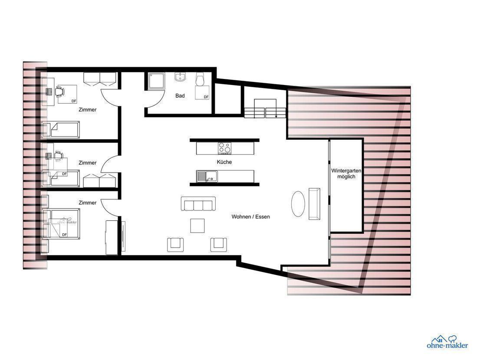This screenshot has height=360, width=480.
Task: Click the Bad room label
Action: tap(180, 96)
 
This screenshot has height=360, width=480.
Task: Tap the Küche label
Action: tap(224, 162)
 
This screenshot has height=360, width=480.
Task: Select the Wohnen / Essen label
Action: tap(251, 217)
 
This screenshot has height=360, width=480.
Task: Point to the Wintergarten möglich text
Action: tap(346, 173)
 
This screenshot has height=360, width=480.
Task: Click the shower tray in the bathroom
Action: tap(157, 81)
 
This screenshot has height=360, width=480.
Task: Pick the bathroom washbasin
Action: tap(180, 77)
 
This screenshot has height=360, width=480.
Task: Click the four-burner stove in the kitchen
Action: tap(225, 148)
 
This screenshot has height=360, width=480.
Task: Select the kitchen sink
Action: tap(207, 176)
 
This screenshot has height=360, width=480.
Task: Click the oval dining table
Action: tap(298, 204)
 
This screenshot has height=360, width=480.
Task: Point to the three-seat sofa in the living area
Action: tap(198, 204)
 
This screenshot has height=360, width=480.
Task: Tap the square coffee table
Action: tap(197, 226)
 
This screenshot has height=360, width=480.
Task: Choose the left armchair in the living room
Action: tap(175, 244)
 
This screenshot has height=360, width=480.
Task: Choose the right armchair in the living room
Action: tap(219, 244)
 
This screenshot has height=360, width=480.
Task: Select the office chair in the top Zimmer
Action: tap(60, 91)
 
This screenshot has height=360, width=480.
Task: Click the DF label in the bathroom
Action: tap(206, 97)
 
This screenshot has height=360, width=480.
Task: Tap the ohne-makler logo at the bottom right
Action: tap(447, 342)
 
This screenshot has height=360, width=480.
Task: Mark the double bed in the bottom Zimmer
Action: tap(62, 224)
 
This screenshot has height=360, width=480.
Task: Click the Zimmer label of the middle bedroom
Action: tap(88, 163)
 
